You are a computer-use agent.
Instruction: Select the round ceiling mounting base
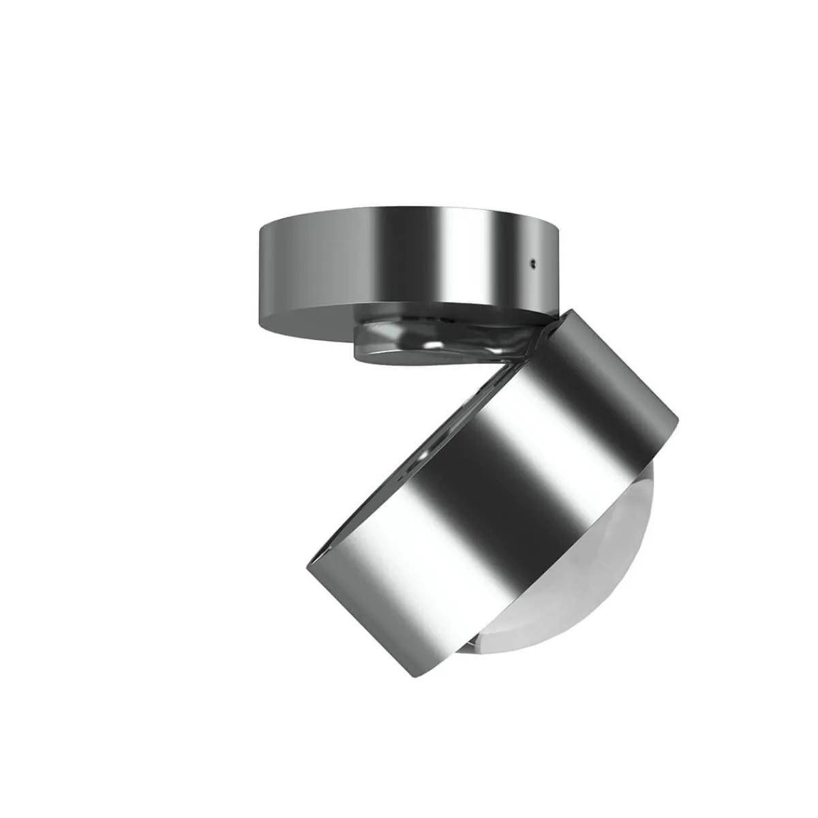tap(402, 273)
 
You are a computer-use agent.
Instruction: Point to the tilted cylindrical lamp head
tap(491, 477)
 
